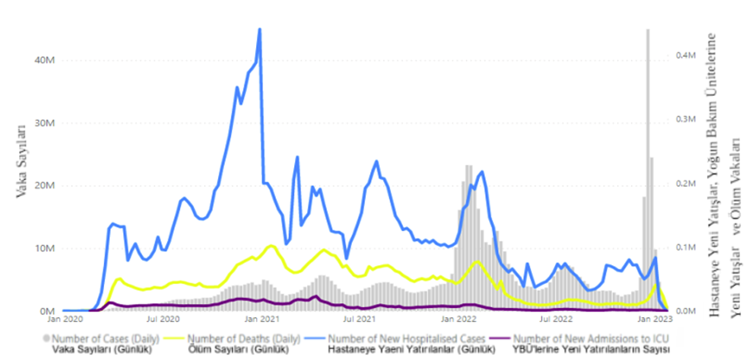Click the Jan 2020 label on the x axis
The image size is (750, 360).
point(66,318)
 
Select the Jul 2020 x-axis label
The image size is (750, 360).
point(164,318)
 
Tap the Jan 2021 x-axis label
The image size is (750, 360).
point(261,318)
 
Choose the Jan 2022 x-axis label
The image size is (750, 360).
point(457,318)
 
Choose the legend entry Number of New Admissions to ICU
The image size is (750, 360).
point(591,338)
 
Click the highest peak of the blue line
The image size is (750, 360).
point(259,29)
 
